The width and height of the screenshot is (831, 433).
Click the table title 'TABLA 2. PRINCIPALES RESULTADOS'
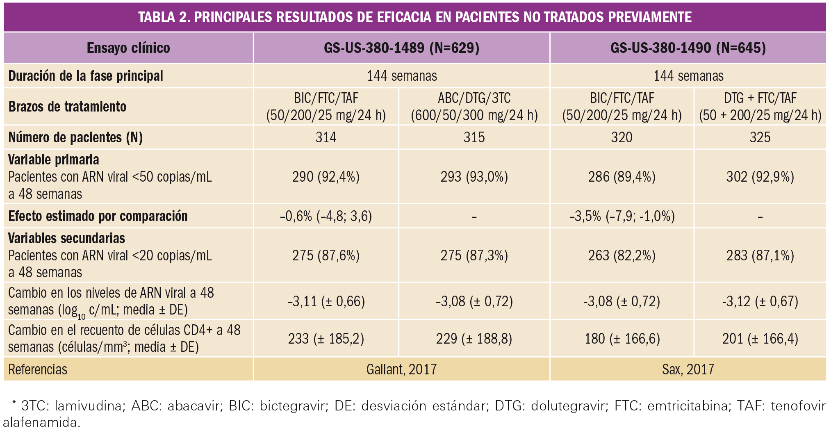click(x=415, y=17)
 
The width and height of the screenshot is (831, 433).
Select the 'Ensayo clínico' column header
click(x=128, y=48)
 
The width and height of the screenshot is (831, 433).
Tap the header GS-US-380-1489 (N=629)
click(x=401, y=48)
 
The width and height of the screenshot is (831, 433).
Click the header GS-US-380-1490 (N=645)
click(x=688, y=48)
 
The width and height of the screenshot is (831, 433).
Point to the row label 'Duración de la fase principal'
click(x=86, y=76)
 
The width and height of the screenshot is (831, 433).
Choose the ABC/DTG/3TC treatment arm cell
click(x=474, y=107)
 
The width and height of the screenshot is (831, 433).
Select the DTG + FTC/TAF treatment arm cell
click(x=760, y=107)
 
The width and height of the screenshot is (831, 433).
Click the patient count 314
click(x=326, y=137)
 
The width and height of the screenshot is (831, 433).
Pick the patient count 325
click(x=760, y=137)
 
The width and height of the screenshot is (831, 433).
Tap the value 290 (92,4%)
click(x=326, y=177)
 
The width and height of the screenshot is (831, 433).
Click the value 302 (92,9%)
click(x=760, y=177)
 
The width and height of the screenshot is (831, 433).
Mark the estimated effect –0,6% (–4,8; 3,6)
click(x=326, y=216)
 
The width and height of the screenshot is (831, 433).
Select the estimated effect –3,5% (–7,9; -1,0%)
click(x=622, y=216)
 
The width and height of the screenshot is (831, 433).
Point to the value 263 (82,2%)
click(x=622, y=255)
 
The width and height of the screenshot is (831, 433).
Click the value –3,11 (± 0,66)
click(x=326, y=301)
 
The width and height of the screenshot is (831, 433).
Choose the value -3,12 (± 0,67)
click(x=760, y=301)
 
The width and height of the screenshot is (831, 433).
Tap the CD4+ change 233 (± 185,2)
click(x=326, y=339)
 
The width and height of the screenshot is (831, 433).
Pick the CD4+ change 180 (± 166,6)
click(x=622, y=339)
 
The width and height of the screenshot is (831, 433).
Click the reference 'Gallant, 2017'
click(x=401, y=369)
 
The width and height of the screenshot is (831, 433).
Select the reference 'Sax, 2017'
click(x=688, y=369)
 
